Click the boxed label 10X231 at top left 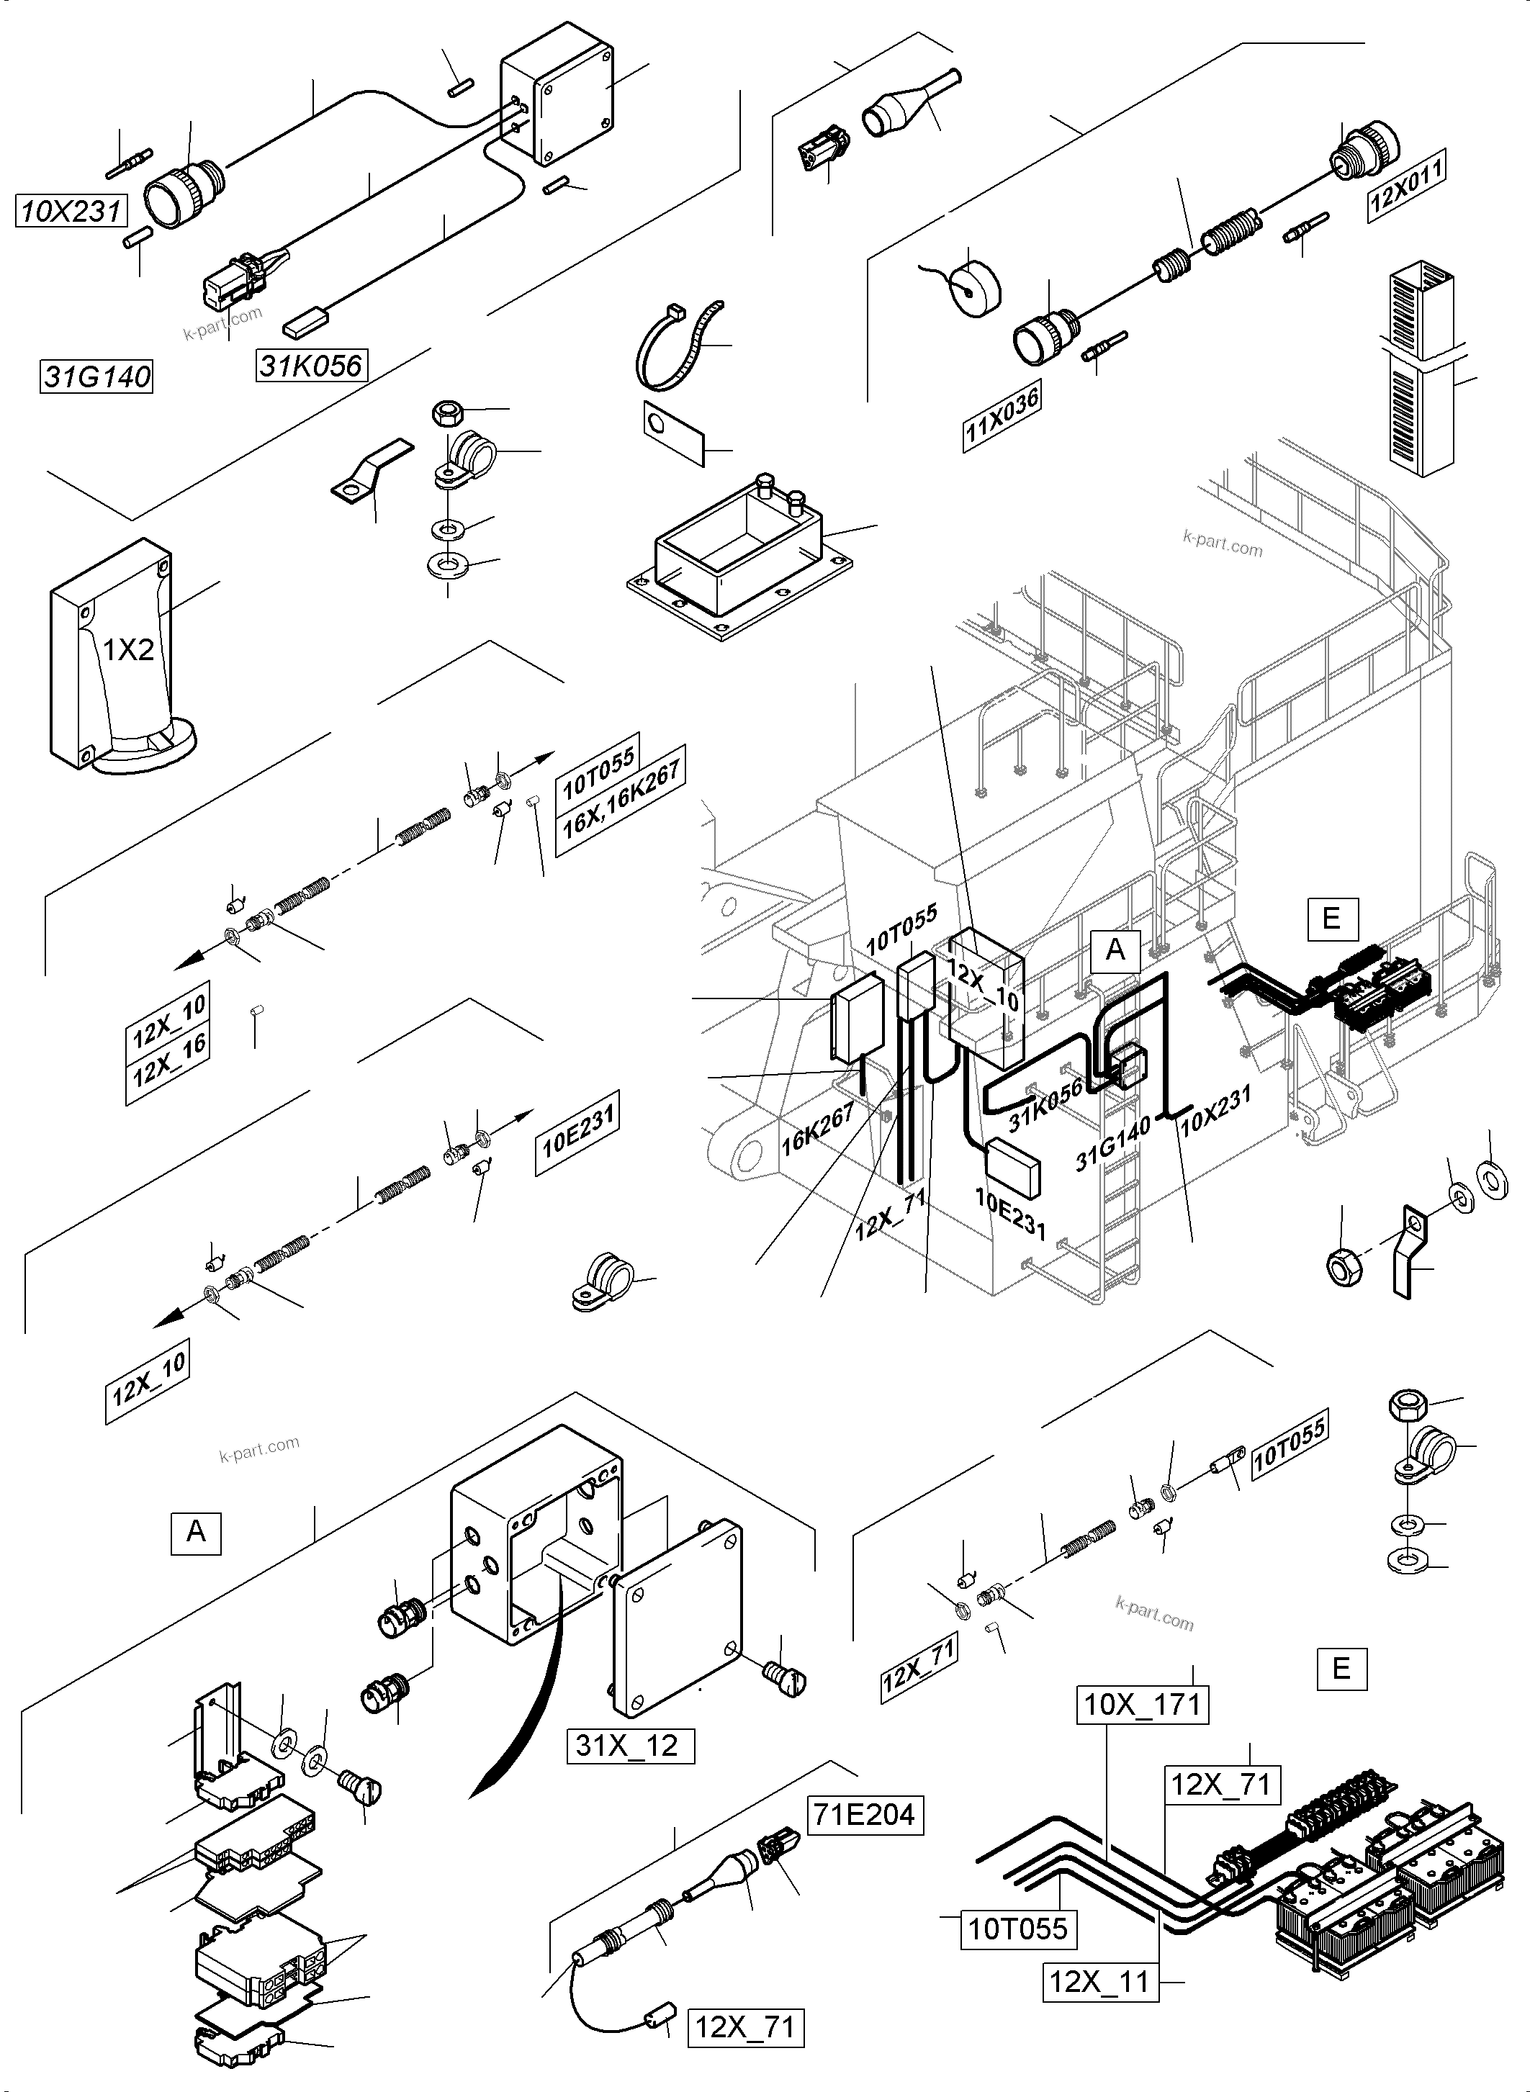pos(71,211)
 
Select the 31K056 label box pos(311,365)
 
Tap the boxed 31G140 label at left pos(97,377)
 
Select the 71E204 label pos(866,1814)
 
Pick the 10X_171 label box pos(1142,1704)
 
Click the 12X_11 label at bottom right pos(1099,1982)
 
